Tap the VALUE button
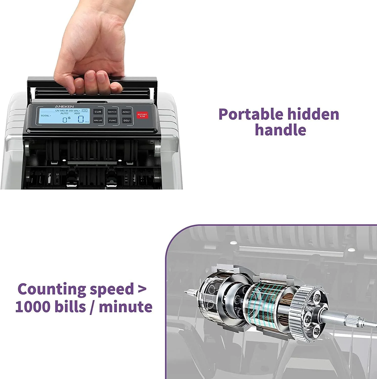(98, 120)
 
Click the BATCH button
(112, 112)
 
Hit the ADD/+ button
(126, 112)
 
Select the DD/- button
(127, 121)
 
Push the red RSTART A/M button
(142, 115)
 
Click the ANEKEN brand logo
(64, 107)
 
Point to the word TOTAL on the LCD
(45, 116)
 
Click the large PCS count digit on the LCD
(81, 119)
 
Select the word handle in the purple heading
(280, 130)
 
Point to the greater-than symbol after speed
(142, 289)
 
